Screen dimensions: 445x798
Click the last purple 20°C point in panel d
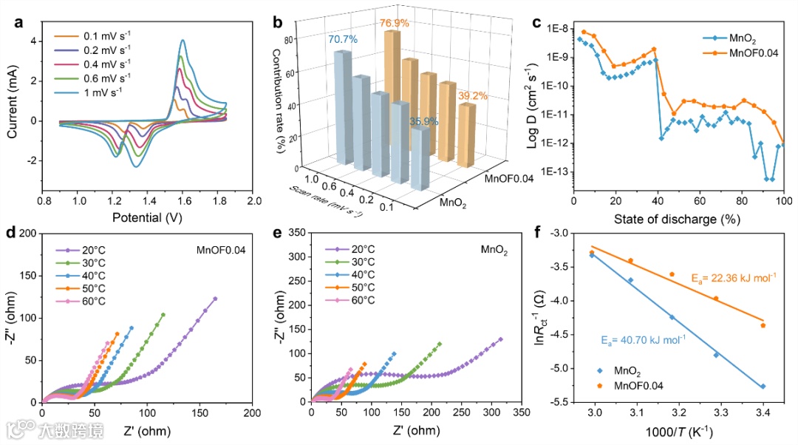(215, 299)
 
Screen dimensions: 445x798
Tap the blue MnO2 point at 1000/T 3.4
(763, 386)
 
